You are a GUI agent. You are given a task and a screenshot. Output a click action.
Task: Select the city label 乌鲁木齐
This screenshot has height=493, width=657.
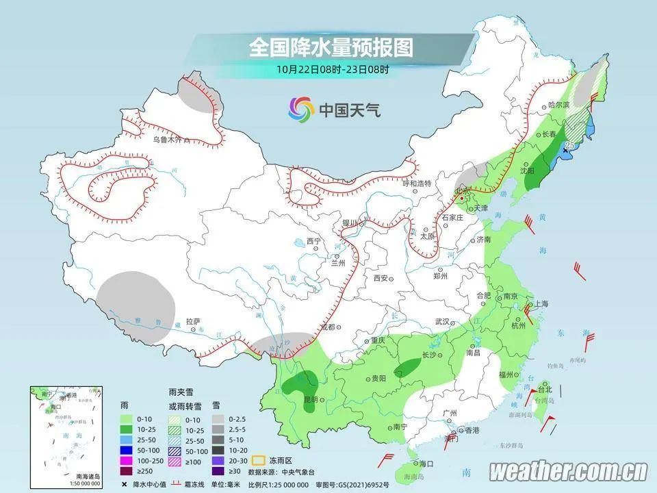pos(168,140)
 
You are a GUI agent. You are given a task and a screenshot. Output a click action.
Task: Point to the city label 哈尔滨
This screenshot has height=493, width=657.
pos(559,105)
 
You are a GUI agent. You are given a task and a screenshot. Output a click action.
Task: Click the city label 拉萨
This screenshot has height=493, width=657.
pos(193,321)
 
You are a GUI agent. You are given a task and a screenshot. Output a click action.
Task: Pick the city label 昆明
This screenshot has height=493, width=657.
pos(293,399)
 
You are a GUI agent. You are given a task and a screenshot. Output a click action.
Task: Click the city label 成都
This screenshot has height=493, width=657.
pos(326,327)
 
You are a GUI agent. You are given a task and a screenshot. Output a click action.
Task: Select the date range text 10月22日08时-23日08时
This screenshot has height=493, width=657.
pos(333,69)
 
